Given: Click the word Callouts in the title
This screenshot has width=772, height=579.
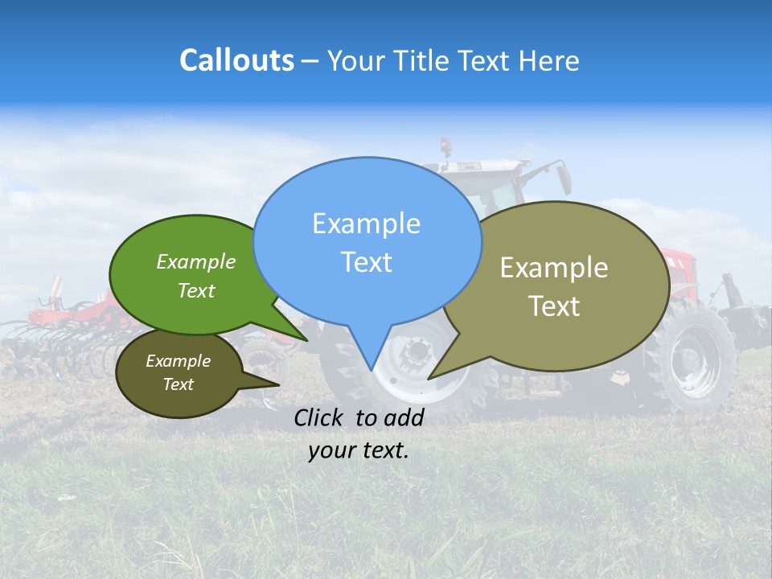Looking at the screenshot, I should [x=236, y=60].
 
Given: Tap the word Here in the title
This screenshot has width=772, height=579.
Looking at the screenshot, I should [x=550, y=60].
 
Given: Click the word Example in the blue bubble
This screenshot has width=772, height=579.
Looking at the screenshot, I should [x=366, y=224].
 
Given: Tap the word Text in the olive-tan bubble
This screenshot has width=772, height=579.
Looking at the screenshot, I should [x=553, y=306].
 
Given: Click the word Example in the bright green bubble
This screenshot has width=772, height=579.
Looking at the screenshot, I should [x=195, y=262].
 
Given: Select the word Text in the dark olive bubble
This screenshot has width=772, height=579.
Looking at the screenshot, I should [x=178, y=384].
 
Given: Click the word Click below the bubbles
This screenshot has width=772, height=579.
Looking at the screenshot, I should [x=322, y=417].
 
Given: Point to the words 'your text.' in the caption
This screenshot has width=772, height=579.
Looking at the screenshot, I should [x=359, y=450].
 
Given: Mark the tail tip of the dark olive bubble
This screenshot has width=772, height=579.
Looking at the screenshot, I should [x=280, y=385].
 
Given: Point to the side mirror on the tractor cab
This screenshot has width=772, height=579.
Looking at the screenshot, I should [x=564, y=179].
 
